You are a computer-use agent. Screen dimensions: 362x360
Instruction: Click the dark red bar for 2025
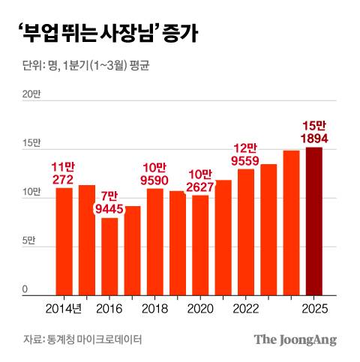click(x=314, y=220)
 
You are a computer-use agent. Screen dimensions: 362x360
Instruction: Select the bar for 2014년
click(x=64, y=241)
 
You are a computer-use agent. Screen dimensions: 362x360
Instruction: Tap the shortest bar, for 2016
click(x=109, y=256)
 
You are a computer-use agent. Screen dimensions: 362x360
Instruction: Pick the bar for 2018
click(x=155, y=241)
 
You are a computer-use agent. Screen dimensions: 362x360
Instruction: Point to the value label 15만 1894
click(x=314, y=132)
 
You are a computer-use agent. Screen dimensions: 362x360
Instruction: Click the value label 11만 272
click(x=64, y=173)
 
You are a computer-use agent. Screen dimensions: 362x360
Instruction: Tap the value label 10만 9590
click(x=155, y=173)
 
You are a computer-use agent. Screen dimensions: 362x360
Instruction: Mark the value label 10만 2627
click(x=200, y=180)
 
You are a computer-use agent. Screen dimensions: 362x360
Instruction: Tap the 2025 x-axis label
click(x=314, y=308)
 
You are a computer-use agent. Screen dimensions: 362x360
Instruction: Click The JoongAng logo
click(x=295, y=340)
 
